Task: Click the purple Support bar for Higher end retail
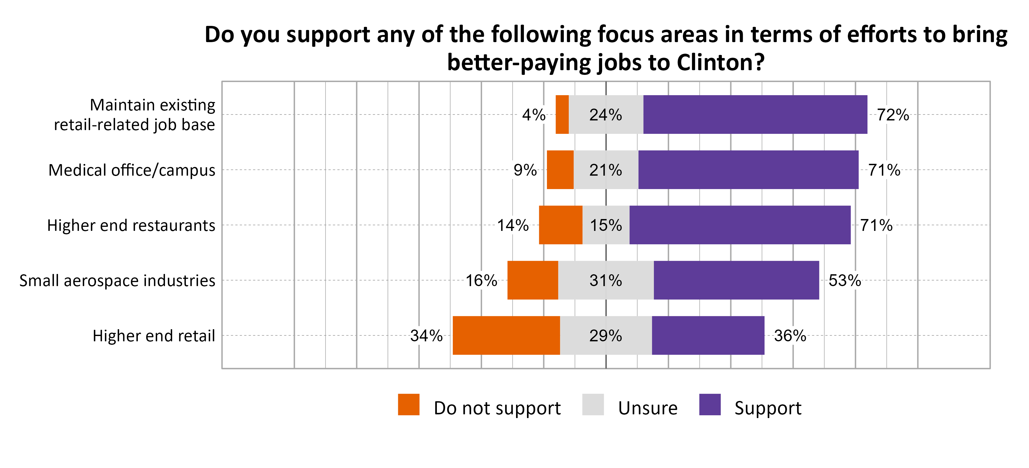click(x=708, y=335)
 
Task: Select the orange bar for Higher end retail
click(x=506, y=335)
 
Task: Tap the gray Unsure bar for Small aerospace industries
click(x=606, y=280)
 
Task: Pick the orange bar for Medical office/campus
click(x=560, y=169)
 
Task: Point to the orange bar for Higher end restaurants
click(x=560, y=225)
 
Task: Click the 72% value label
click(x=893, y=115)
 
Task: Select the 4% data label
click(x=534, y=115)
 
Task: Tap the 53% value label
click(x=844, y=280)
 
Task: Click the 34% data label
click(x=426, y=336)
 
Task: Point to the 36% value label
click(x=790, y=336)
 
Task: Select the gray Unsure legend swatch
click(x=593, y=404)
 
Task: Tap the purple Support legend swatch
click(x=710, y=404)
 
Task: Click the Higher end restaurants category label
click(x=131, y=225)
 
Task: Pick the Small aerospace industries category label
click(x=117, y=280)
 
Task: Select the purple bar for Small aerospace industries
click(x=736, y=280)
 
